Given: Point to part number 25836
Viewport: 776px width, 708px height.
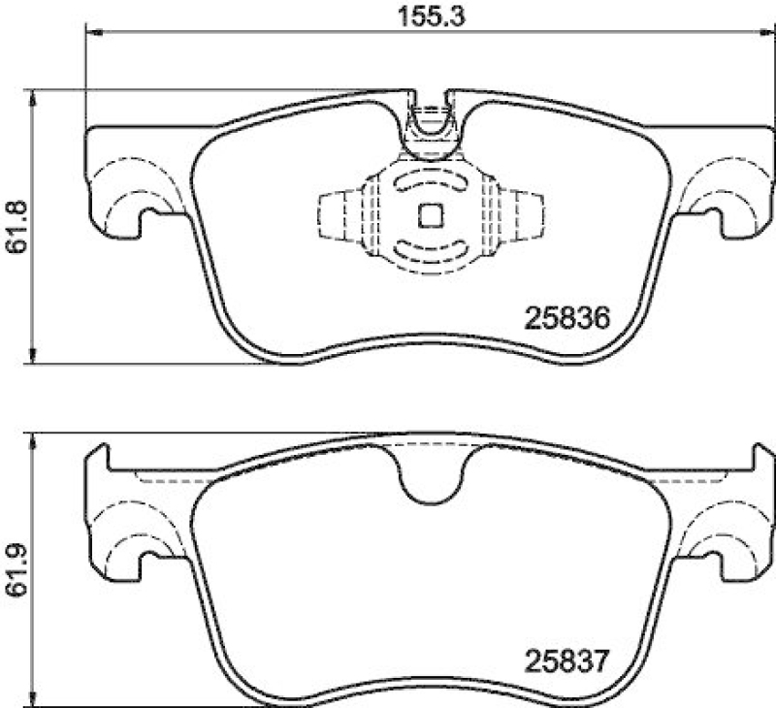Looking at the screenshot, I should point(566,317).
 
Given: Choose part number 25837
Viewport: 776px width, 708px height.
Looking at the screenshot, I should point(566,663).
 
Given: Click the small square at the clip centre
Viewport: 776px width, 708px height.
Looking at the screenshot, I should point(431,214).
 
